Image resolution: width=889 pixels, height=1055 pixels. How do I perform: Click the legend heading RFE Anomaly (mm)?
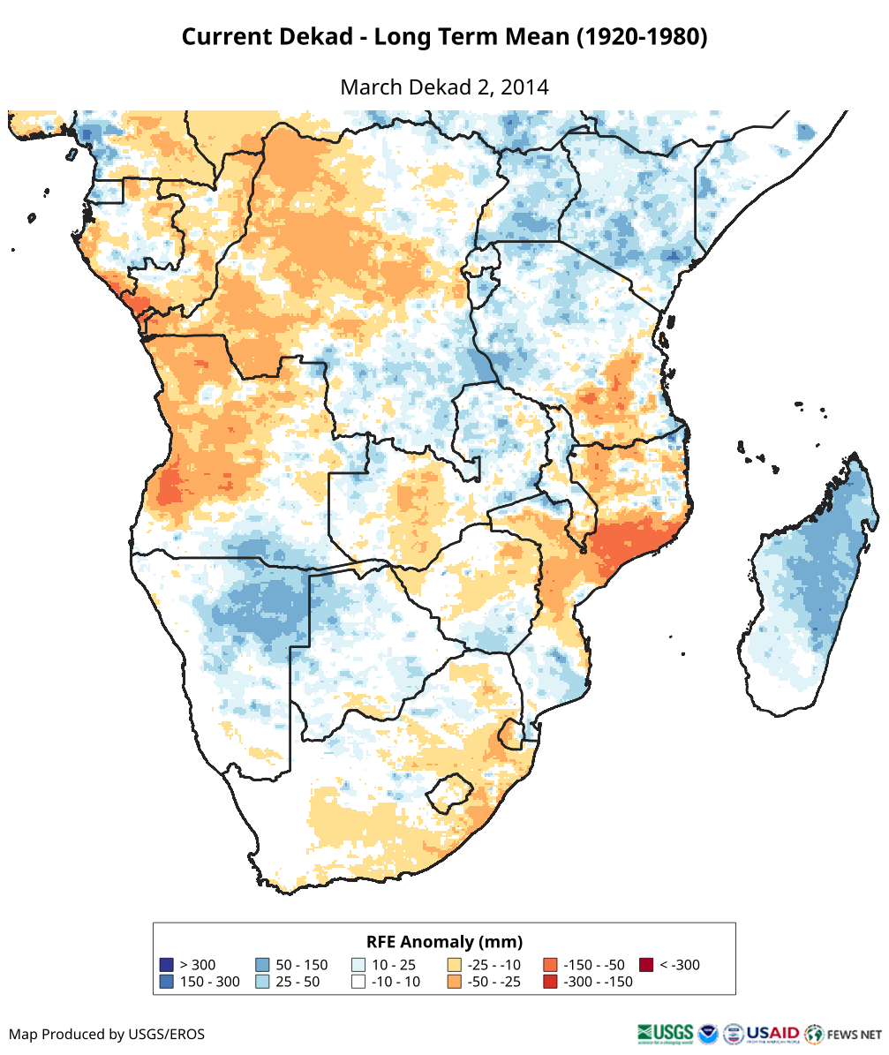pyautogui.click(x=444, y=941)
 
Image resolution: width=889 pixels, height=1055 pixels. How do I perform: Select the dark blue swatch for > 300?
pyautogui.click(x=166, y=965)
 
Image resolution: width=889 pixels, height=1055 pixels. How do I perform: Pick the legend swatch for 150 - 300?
pyautogui.click(x=166, y=982)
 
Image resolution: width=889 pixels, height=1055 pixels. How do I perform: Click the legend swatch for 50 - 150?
pyautogui.click(x=262, y=965)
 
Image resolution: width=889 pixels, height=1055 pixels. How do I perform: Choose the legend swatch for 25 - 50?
pyautogui.click(x=262, y=982)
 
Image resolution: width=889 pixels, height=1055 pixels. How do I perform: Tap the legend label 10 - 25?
pyautogui.click(x=394, y=965)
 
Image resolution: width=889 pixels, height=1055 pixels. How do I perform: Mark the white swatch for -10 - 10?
pyautogui.click(x=358, y=982)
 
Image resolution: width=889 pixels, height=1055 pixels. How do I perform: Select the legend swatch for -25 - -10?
pyautogui.click(x=455, y=965)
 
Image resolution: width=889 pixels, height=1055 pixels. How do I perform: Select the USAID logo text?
pyautogui.click(x=772, y=1033)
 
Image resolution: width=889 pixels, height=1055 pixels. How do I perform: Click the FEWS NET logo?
pyautogui.click(x=843, y=1034)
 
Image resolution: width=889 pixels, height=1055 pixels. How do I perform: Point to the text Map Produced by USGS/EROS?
pyautogui.click(x=107, y=1034)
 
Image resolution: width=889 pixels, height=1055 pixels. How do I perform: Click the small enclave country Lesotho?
pyautogui.click(x=448, y=792)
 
